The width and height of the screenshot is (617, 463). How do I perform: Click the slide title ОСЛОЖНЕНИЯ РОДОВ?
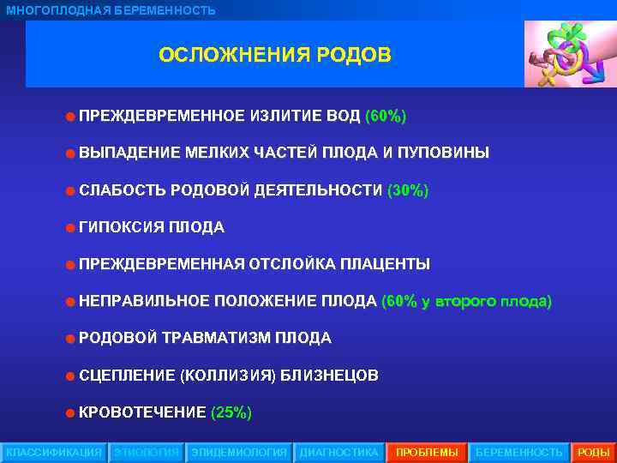(274, 56)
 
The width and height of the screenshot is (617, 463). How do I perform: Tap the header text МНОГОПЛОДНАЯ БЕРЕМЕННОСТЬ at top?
(111, 10)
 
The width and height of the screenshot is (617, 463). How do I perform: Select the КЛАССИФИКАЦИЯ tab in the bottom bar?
(53, 452)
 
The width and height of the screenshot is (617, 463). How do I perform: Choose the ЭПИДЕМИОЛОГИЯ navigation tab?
(239, 452)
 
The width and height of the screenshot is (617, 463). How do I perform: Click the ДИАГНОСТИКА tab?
(338, 452)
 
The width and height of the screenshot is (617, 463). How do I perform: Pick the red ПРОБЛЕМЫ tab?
(427, 452)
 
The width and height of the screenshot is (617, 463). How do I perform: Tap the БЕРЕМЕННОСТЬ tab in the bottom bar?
(519, 452)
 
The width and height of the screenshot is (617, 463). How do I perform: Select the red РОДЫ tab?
(594, 452)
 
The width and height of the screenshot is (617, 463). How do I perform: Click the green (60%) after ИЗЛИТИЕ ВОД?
(386, 116)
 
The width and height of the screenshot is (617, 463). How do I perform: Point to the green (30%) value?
(408, 190)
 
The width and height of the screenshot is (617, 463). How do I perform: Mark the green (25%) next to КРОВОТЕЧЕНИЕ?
(231, 412)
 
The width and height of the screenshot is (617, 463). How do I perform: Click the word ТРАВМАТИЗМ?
(214, 338)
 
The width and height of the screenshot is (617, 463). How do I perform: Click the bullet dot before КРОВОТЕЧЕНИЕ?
(69, 413)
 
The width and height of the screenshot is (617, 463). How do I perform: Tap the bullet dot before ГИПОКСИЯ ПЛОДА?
(69, 228)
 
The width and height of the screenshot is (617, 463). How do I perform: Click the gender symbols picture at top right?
(567, 54)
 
